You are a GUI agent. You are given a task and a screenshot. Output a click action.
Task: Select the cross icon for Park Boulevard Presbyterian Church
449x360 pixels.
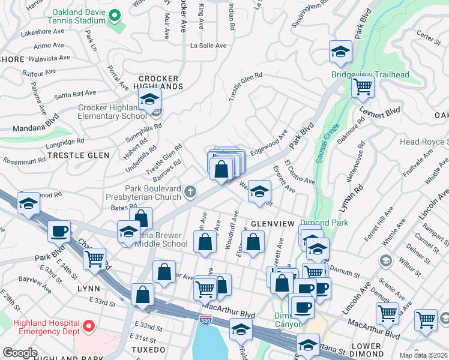[190, 192]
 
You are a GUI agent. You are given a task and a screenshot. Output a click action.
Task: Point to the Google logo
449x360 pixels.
[20, 353]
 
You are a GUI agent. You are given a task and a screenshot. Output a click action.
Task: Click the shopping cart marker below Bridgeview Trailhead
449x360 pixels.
[363, 88]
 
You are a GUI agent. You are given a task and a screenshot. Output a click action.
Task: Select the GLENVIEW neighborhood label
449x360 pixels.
[273, 223]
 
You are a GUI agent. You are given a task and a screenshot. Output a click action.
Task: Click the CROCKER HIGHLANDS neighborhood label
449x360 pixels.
[158, 82]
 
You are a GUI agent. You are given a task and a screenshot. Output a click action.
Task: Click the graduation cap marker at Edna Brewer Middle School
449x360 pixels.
[129, 232]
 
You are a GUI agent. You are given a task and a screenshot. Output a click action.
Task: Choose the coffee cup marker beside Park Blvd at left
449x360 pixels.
[59, 231]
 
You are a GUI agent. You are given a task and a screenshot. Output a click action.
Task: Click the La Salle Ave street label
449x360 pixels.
[208, 46]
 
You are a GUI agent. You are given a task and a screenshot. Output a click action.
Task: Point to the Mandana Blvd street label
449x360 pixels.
[37, 122]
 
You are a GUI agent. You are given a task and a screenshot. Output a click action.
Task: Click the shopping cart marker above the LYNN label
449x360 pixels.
[94, 259]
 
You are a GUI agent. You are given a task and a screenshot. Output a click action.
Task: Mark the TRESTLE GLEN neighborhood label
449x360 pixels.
[79, 155]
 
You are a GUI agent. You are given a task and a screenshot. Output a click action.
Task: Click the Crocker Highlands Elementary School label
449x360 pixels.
[112, 112]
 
